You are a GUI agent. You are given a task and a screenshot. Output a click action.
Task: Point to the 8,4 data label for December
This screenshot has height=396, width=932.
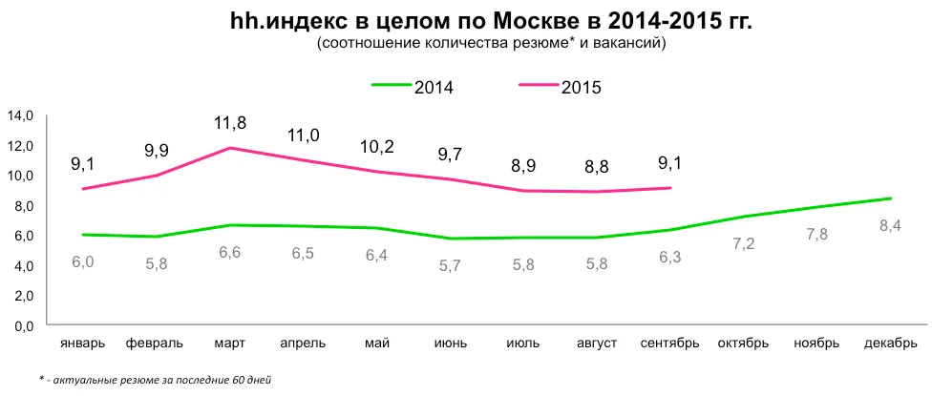[890, 225]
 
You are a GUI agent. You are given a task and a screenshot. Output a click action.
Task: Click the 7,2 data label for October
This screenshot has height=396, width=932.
[743, 244]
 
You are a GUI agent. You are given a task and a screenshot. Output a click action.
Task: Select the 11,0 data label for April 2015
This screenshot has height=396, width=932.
[304, 135]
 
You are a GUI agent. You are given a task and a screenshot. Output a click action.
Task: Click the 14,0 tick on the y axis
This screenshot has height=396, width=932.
[20, 115]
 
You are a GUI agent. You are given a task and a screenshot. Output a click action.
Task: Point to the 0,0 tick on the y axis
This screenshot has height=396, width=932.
[22, 325]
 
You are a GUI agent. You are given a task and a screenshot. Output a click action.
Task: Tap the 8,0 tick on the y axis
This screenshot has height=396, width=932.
[22, 205]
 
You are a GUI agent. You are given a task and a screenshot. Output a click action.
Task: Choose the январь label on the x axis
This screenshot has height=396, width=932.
[82, 343]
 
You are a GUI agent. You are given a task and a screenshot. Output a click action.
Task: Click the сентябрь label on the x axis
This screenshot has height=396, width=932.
[670, 343]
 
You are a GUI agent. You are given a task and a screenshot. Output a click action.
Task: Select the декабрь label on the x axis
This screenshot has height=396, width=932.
[890, 343]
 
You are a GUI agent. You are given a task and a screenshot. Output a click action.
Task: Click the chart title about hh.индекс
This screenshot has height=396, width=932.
[492, 21]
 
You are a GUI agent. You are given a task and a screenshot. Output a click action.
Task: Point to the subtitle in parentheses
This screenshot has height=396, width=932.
[492, 44]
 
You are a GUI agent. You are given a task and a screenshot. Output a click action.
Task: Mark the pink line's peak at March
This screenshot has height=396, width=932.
[229, 148]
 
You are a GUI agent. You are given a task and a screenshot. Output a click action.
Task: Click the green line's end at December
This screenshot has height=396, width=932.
[890, 198]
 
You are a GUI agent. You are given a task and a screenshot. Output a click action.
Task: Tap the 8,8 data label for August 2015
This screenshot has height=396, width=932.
[597, 167]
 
